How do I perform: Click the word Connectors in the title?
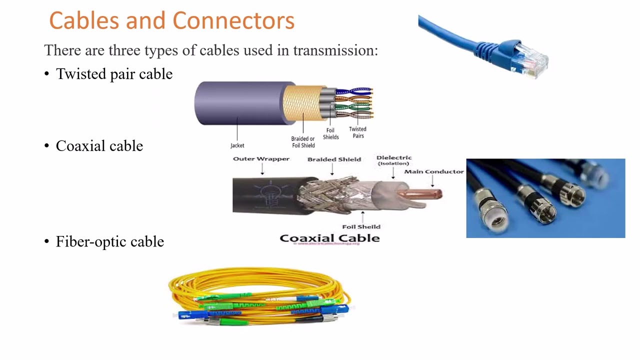coord(233,21)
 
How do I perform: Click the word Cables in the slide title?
coord(84,21)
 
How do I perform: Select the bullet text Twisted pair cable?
coord(114,74)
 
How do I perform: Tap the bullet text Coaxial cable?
coord(99,146)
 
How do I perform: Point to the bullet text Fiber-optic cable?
coord(109,241)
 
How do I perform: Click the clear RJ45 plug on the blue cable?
coord(531,59)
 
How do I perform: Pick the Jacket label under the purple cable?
coord(237,145)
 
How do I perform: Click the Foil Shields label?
coord(330,133)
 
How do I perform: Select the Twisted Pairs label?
coord(357,132)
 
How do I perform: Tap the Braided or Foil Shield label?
coord(303,142)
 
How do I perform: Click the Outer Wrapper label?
coord(261,159)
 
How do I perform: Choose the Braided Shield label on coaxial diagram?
coord(334,159)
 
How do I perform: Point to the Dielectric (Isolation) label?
coord(394,160)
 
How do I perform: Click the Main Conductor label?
coord(434,171)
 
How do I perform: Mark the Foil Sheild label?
coord(361,226)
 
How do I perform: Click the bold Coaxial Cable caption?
coord(329,238)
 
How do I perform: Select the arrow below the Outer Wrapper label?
coord(262,170)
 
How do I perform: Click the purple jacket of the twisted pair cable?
coord(235,103)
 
